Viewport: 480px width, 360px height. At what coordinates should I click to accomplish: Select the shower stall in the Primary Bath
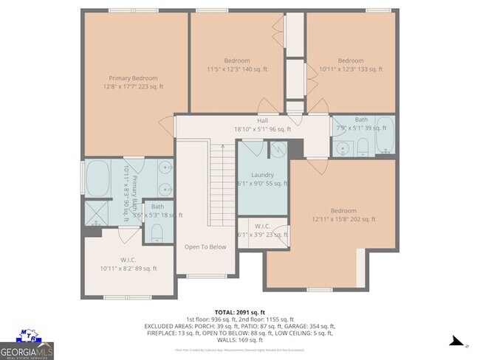pyautogui.click(x=95, y=212)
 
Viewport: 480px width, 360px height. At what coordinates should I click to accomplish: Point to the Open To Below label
pyautogui.click(x=205, y=247)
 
